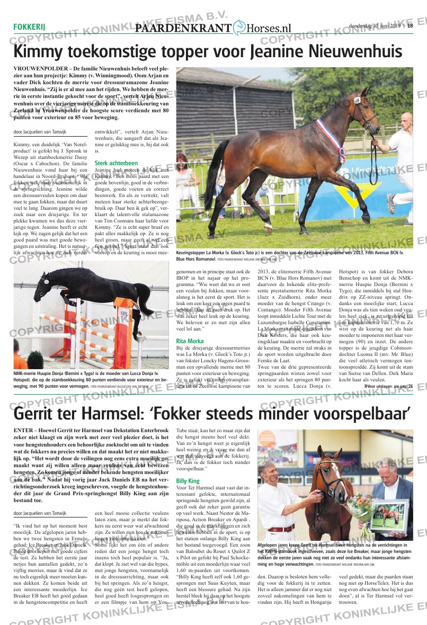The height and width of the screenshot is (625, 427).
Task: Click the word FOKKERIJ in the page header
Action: click(29, 28)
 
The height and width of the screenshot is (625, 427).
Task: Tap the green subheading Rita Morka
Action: click(190, 341)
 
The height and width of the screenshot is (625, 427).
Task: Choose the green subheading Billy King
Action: click(188, 481)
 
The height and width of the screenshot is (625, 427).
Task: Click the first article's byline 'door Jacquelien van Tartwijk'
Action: click(39, 132)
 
